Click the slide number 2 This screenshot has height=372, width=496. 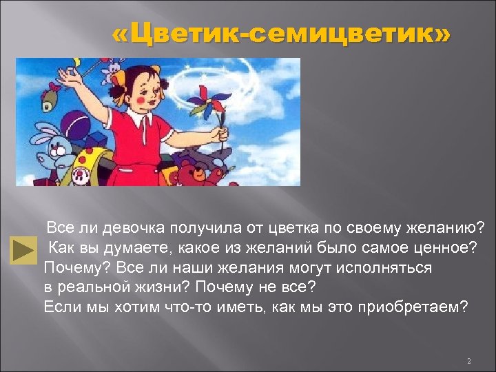[468, 361]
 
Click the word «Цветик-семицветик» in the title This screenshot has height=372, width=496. [282, 34]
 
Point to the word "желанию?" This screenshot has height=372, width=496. [446, 227]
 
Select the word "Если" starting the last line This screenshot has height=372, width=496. [60, 307]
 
